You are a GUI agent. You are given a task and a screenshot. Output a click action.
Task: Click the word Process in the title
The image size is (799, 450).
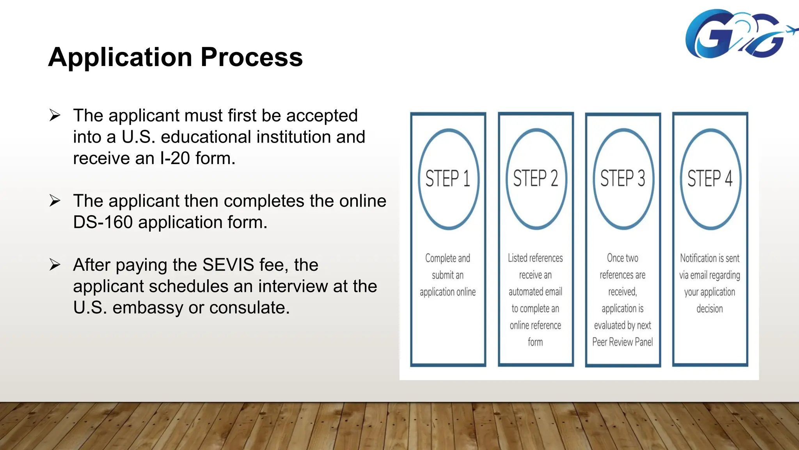(252, 57)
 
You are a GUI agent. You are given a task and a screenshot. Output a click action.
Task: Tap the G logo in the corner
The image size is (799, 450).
(733, 34)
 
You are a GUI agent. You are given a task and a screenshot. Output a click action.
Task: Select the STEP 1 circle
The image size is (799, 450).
(448, 179)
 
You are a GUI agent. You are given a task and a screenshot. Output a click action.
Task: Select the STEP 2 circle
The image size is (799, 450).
(536, 179)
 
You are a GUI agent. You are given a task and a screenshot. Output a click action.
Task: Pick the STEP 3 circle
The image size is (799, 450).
(623, 179)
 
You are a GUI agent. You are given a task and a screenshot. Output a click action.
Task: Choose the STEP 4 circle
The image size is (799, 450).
(710, 179)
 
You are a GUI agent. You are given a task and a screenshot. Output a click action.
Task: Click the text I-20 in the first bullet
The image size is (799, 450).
(175, 158)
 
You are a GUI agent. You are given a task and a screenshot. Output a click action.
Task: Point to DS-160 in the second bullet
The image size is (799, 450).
(103, 222)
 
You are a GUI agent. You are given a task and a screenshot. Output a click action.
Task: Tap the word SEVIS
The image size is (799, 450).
(228, 265)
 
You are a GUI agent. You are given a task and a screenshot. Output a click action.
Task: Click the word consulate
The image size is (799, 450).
(250, 307)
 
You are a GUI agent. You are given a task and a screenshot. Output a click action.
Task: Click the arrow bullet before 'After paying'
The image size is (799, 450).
(55, 265)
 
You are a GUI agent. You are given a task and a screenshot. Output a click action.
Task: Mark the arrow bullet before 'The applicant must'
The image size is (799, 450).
(55, 116)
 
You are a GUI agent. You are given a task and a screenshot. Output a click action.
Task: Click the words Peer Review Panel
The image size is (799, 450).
(622, 342)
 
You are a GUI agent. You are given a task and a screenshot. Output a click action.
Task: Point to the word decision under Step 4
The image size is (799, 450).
(710, 309)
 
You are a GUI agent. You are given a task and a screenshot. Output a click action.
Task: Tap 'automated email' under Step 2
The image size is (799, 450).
(535, 292)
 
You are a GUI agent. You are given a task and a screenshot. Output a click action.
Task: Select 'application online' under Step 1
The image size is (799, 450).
(448, 292)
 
